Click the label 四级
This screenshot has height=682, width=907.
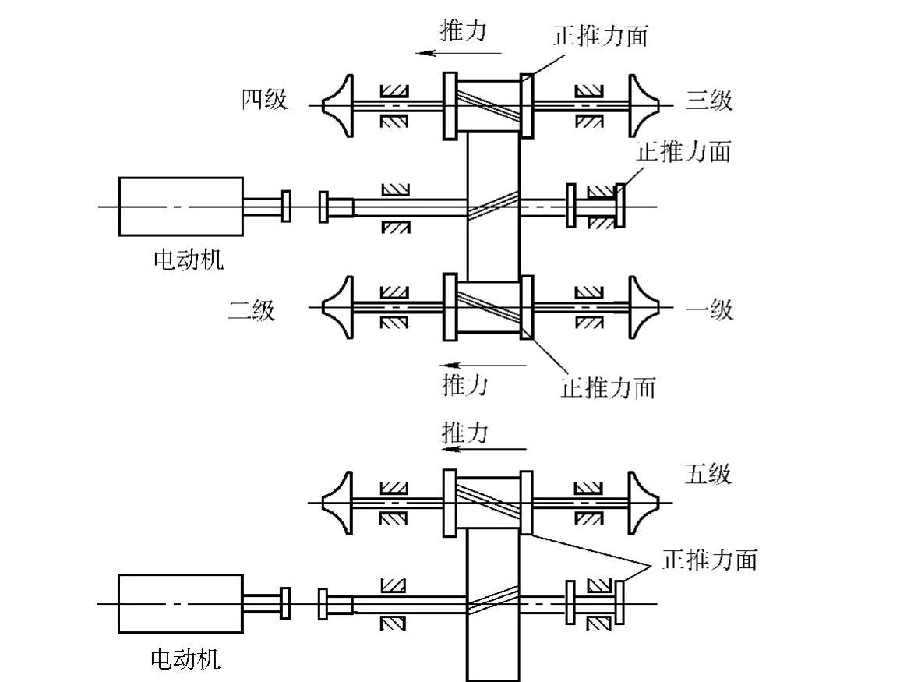[x=264, y=99]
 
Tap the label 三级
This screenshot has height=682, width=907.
[x=709, y=101]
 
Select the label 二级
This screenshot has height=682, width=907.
[x=251, y=309]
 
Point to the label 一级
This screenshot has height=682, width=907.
[x=709, y=309]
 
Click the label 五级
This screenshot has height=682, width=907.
[x=708, y=474]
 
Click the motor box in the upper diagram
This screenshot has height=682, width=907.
[x=181, y=207]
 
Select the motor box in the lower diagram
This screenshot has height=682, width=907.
[x=181, y=603]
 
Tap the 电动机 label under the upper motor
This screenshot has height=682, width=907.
[x=188, y=259]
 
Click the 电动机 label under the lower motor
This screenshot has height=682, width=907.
[x=185, y=659]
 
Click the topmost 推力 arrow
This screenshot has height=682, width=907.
[x=459, y=53]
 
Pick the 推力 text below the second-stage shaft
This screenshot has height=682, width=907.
[x=464, y=384]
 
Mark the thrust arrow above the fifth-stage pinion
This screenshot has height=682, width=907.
[x=484, y=448]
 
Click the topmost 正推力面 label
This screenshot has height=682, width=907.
[x=601, y=35]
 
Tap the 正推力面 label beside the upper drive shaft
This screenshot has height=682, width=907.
[x=683, y=151]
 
